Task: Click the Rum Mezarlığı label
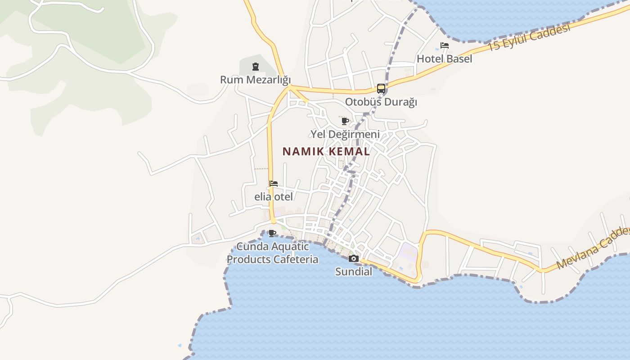[x=255, y=80]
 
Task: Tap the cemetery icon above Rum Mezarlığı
[x=256, y=67]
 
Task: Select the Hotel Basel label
[x=444, y=59]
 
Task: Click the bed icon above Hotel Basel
[x=445, y=45]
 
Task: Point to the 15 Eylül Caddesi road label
[x=529, y=37]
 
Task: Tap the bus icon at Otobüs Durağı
[x=381, y=89]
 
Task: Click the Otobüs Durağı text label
[x=381, y=102]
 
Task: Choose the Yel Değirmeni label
[x=345, y=134]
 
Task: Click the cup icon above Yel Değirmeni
[x=345, y=121]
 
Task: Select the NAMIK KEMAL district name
[x=326, y=152]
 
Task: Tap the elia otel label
[x=274, y=197]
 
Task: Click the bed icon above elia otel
[x=274, y=184]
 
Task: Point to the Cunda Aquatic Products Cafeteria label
[x=273, y=253]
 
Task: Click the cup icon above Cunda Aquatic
[x=272, y=233]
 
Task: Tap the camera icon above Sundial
[x=354, y=258]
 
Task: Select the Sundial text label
[x=354, y=272]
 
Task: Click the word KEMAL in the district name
[x=350, y=152]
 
